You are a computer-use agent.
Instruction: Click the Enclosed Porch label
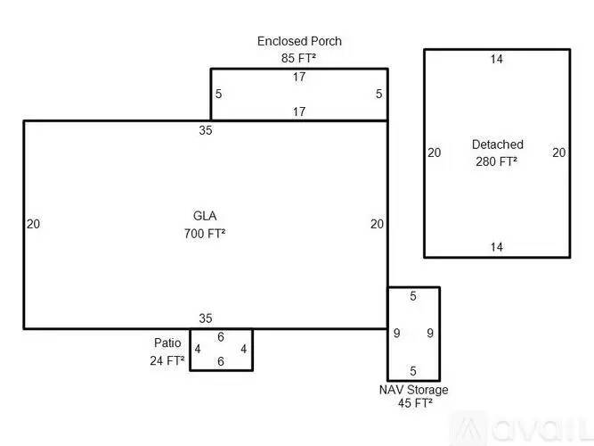tap(299, 41)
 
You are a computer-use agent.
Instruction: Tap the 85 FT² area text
tap(299, 57)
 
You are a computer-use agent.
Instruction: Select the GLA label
tap(205, 216)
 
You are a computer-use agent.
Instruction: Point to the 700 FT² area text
tap(205, 234)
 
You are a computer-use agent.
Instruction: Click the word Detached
tap(498, 145)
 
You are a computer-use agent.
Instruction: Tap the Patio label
tap(167, 343)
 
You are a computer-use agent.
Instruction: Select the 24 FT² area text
tap(167, 361)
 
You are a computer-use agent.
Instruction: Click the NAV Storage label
tap(414, 390)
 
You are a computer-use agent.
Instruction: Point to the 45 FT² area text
tap(415, 403)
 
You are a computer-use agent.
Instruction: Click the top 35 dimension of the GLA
tap(206, 130)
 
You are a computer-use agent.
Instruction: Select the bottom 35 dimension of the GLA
tap(206, 318)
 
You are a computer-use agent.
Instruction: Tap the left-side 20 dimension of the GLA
tap(33, 224)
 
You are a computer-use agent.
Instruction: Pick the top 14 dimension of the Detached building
tap(497, 60)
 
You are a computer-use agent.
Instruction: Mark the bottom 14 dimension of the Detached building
tap(497, 247)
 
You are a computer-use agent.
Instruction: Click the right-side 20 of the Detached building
tap(558, 153)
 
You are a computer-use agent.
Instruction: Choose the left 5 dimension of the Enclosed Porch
tap(218, 94)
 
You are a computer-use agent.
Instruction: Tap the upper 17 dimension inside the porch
tap(299, 78)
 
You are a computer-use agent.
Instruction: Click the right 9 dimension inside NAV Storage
tap(430, 334)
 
